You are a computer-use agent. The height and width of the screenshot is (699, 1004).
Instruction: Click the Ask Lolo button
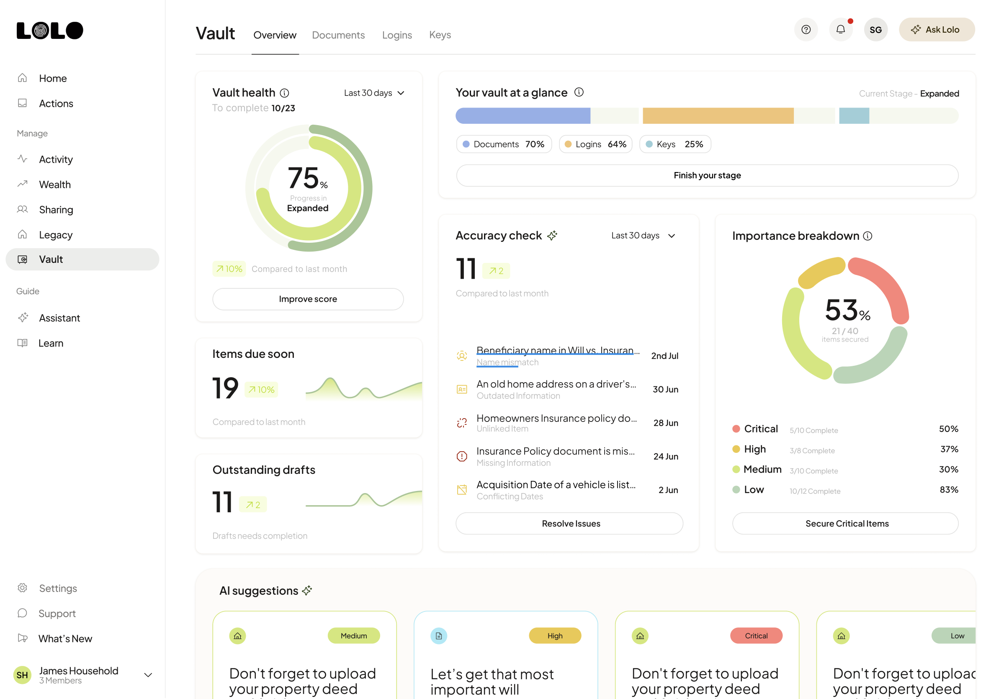(936, 30)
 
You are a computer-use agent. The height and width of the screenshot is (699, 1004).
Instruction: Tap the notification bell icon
(840, 30)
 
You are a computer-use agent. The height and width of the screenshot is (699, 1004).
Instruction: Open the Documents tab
(338, 35)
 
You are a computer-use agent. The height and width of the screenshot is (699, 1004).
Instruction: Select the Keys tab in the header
(440, 35)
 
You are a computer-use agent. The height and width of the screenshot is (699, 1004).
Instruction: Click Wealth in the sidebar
(55, 185)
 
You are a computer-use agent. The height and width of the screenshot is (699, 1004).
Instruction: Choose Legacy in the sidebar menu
(56, 235)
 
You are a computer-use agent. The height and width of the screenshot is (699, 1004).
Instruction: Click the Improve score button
(307, 299)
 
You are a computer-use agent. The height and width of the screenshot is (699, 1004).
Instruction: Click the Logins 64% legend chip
(595, 144)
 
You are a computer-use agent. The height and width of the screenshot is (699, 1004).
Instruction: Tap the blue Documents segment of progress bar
(523, 116)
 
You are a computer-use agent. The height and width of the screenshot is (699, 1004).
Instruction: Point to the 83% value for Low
(948, 490)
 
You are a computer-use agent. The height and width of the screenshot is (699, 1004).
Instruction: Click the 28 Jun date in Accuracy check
(665, 423)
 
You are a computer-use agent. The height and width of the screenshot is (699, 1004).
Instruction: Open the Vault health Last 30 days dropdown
(374, 93)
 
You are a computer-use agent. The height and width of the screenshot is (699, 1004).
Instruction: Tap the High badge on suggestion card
(554, 636)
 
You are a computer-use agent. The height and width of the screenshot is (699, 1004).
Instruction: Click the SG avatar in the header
(875, 30)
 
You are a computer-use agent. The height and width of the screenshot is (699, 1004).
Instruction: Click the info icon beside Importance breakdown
(868, 236)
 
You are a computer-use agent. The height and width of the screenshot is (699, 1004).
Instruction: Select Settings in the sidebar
(58, 588)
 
